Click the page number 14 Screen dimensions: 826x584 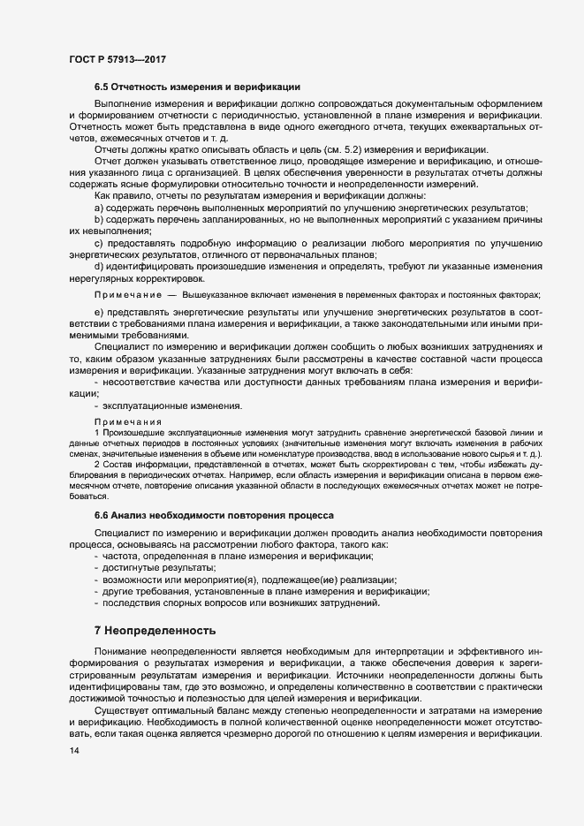point(73,750)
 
